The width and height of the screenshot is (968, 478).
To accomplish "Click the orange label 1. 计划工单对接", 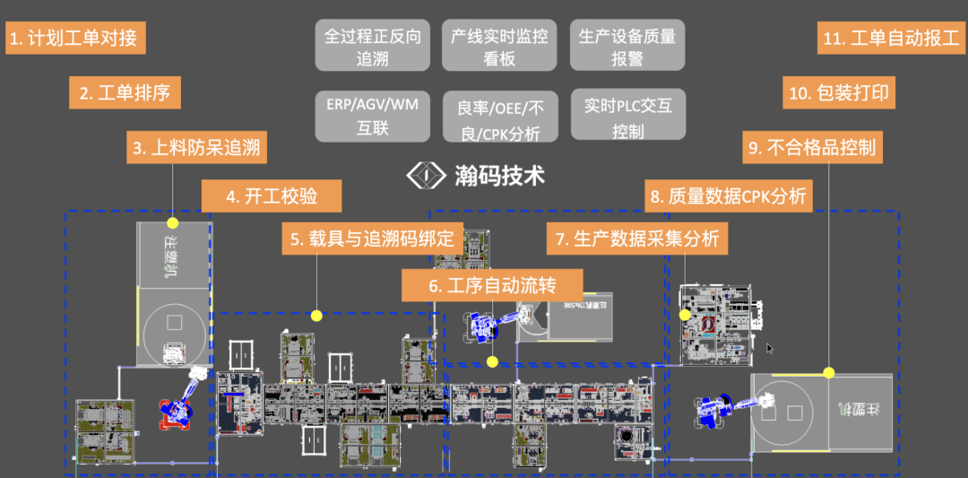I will [x=75, y=39].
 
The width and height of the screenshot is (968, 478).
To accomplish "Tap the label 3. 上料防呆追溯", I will [x=196, y=147].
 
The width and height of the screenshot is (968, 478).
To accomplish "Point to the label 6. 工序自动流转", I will [x=491, y=286].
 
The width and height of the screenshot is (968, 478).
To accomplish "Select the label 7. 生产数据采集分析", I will [x=636, y=239].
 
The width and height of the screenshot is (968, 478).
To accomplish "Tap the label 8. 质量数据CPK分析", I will [x=728, y=196].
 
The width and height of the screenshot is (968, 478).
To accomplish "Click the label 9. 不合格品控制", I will [x=812, y=147].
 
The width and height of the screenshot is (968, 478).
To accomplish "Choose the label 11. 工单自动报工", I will [x=891, y=39].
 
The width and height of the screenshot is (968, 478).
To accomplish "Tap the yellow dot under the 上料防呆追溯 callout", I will [x=173, y=222].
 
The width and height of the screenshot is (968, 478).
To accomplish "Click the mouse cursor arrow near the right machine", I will [x=770, y=347].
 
